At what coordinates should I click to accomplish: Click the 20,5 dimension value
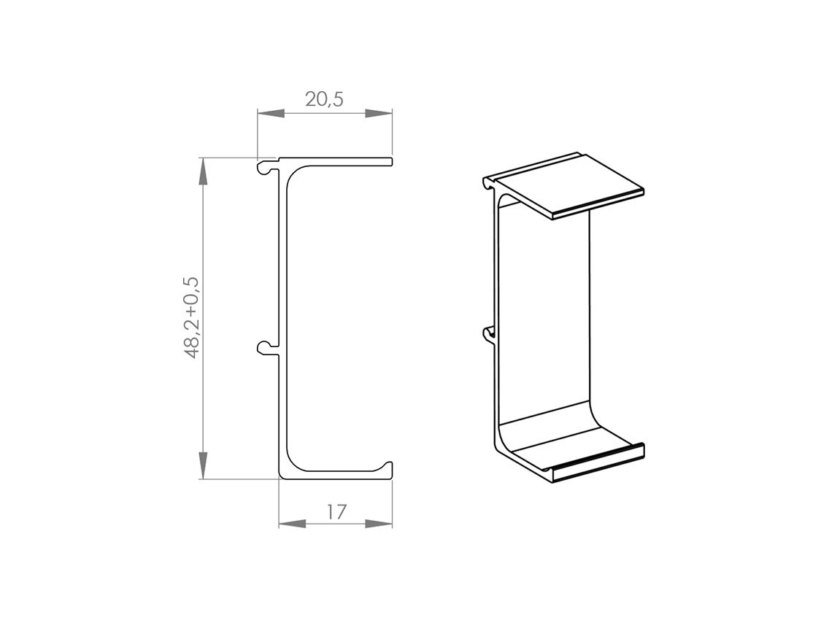(x=324, y=99)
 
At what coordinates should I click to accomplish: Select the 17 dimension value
(x=336, y=511)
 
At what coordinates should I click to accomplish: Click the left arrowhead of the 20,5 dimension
(x=271, y=114)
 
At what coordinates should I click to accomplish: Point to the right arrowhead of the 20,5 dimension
(x=379, y=114)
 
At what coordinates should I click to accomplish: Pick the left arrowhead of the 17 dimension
(x=293, y=524)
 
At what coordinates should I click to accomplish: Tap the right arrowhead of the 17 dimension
(x=379, y=524)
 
